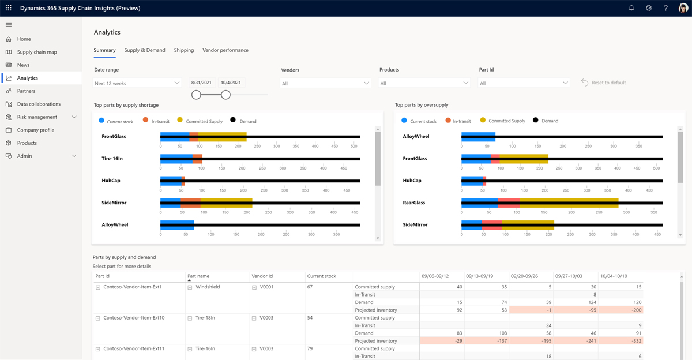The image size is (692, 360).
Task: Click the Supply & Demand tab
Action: (x=145, y=50)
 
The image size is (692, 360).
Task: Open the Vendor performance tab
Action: (x=225, y=50)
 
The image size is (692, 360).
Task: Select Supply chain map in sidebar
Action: (x=37, y=52)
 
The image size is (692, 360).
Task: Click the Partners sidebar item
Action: (x=26, y=91)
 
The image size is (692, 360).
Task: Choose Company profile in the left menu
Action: (x=35, y=130)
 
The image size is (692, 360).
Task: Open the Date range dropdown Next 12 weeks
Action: (x=137, y=83)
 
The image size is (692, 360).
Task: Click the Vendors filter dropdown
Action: (x=325, y=83)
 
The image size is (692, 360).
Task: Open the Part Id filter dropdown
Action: (x=524, y=83)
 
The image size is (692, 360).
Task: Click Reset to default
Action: (x=603, y=82)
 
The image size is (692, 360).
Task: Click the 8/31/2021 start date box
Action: (x=202, y=82)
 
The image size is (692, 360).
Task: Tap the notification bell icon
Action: (x=631, y=8)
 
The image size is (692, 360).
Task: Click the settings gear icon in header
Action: (x=649, y=8)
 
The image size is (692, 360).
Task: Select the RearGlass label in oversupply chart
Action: (x=414, y=202)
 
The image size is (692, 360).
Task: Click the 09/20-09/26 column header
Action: (x=525, y=276)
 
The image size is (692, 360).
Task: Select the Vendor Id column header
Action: (x=262, y=276)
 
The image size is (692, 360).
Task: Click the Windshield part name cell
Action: (x=208, y=287)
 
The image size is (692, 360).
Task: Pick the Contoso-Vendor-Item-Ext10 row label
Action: (x=134, y=318)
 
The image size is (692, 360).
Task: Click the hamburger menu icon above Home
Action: (x=9, y=25)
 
